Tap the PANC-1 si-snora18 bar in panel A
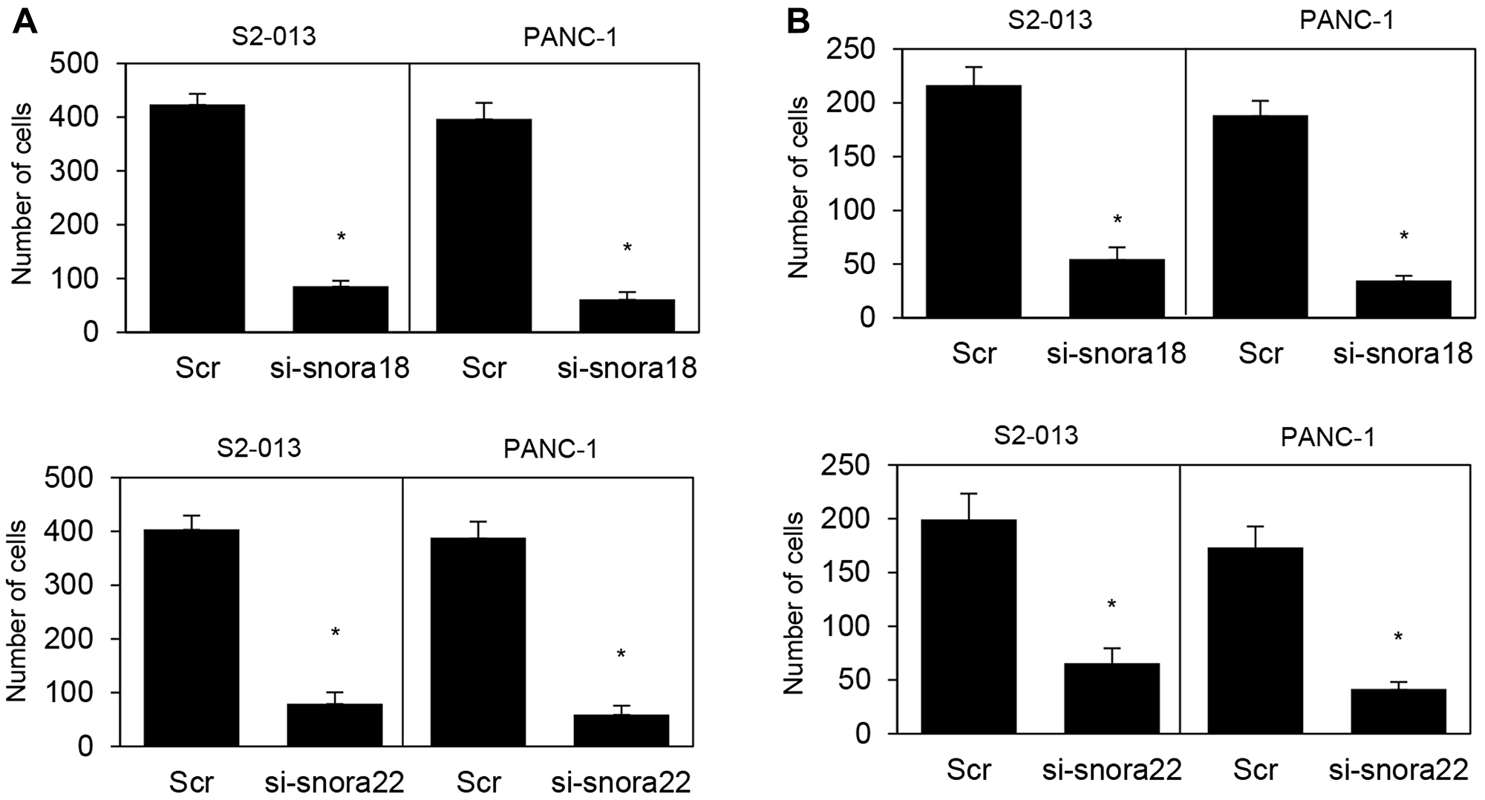pyautogui.click(x=627, y=315)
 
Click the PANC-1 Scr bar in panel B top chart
pyautogui.click(x=1260, y=216)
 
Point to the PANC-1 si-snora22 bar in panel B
pyautogui.click(x=1398, y=711)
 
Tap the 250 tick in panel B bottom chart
pyautogui.click(x=848, y=466)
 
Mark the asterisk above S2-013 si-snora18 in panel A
pyautogui.click(x=341, y=237)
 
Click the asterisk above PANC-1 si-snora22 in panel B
pyautogui.click(x=1398, y=637)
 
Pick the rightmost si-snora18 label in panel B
pyautogui.click(x=1402, y=354)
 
